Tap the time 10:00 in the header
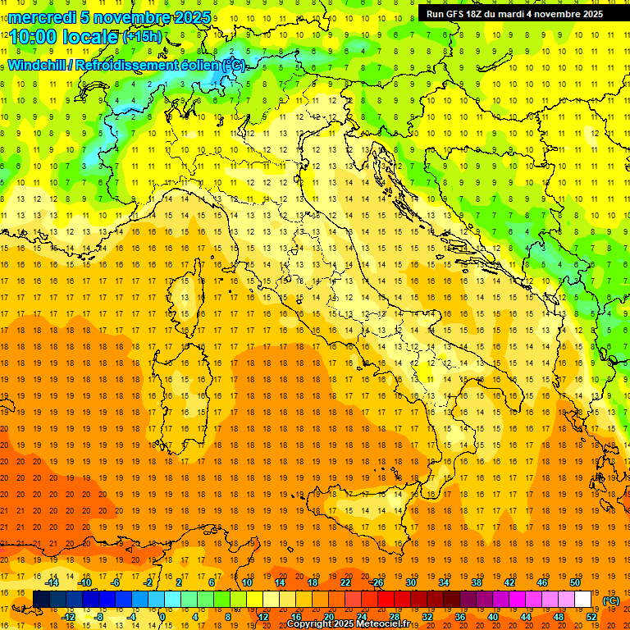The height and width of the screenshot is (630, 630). pyautogui.click(x=33, y=36)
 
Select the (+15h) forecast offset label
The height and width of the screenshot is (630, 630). pyautogui.click(x=142, y=37)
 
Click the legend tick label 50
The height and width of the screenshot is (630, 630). pyautogui.click(x=575, y=582)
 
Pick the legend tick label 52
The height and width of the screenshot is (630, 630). pyautogui.click(x=591, y=616)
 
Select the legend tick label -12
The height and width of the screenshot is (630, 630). pyautogui.click(x=68, y=616)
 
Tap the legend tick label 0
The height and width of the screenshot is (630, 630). pyautogui.click(x=162, y=616)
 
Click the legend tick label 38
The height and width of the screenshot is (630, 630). pyautogui.click(x=477, y=582)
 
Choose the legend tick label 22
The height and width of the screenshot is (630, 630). pyautogui.click(x=345, y=582)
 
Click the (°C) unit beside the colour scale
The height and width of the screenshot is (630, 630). pyautogui.click(x=611, y=600)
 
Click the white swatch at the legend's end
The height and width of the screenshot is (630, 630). pyautogui.click(x=583, y=600)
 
